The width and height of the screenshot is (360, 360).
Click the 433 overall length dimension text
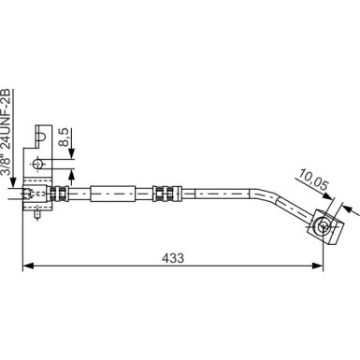pyautogui.click(x=173, y=253)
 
